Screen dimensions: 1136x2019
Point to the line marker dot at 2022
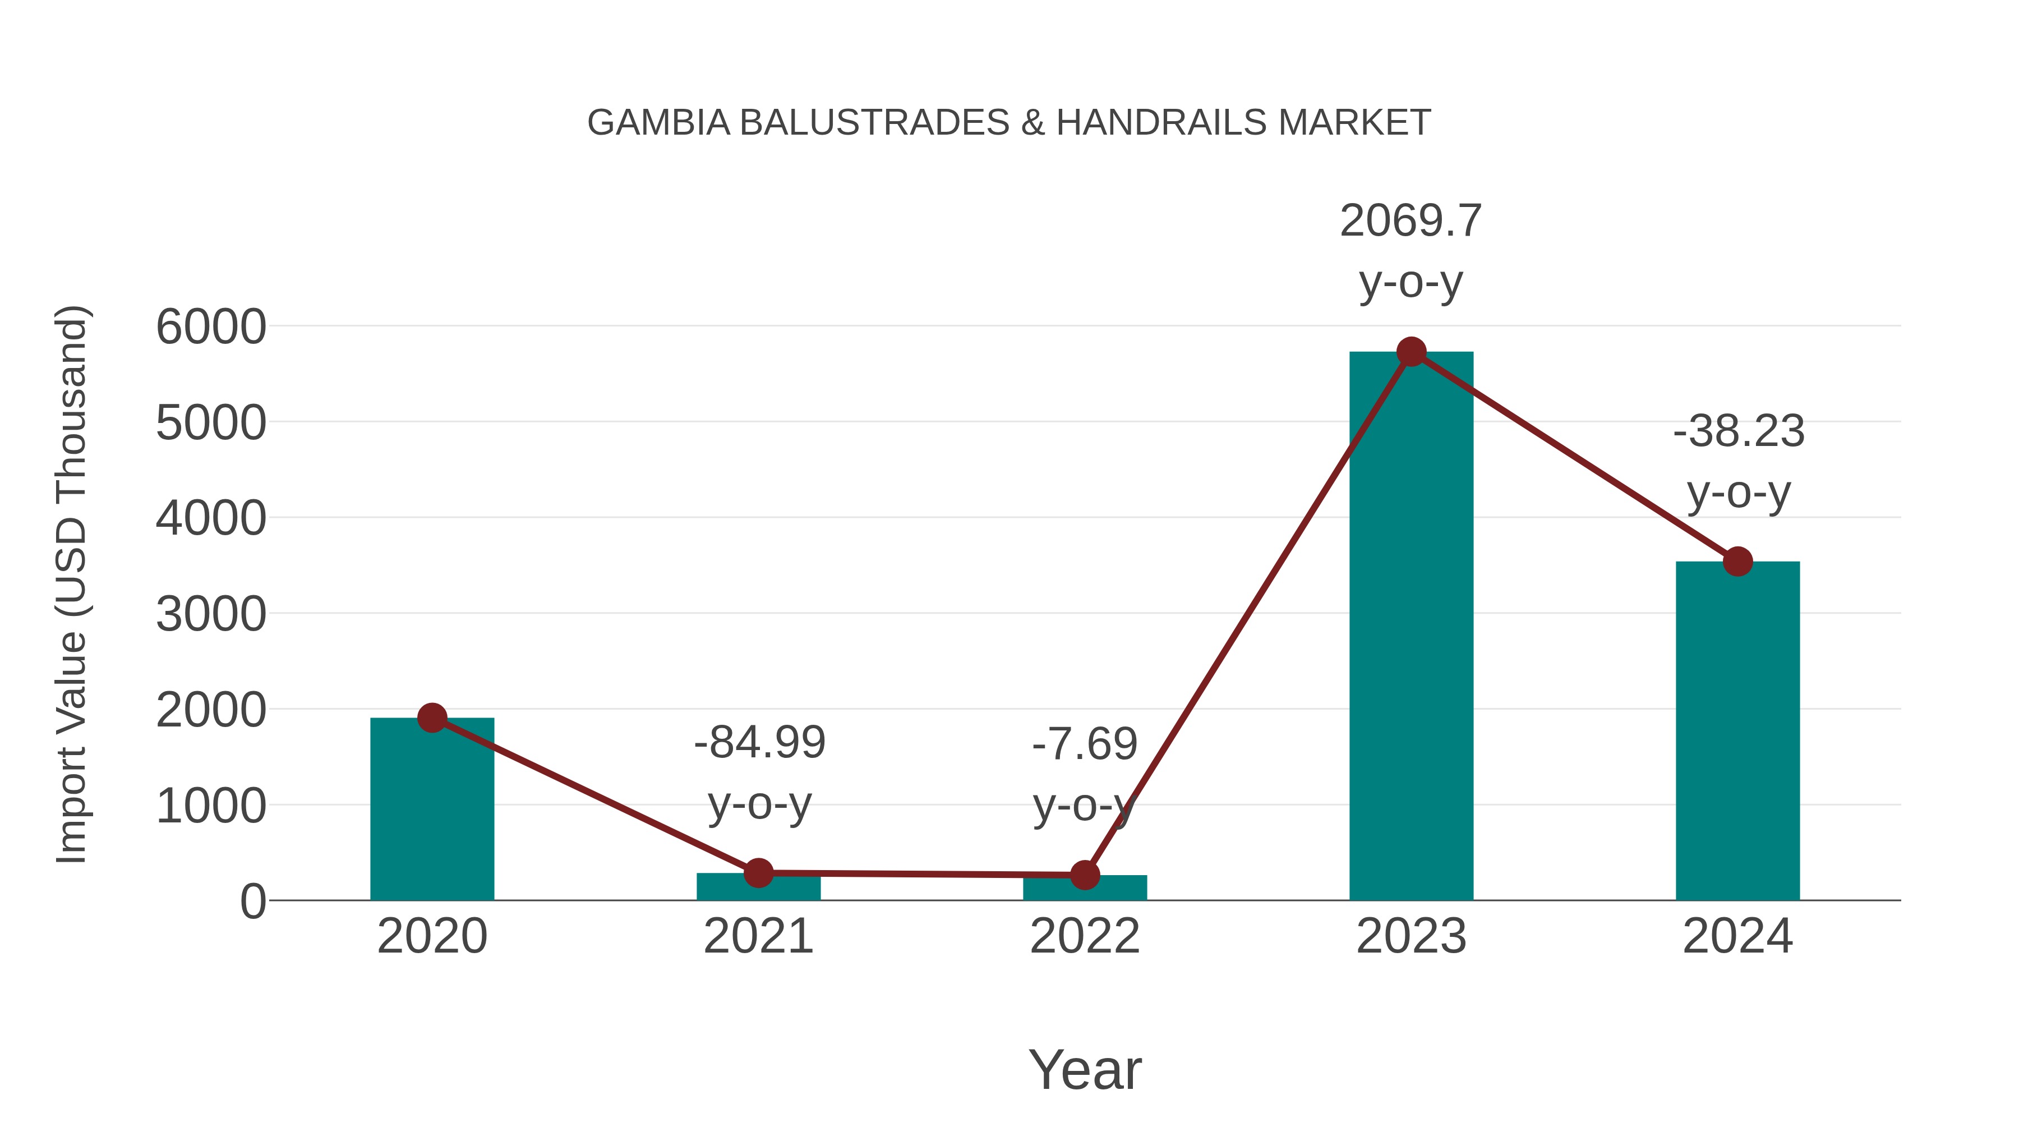[1085, 875]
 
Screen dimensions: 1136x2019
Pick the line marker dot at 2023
[1411, 352]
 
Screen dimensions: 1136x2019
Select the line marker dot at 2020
[432, 718]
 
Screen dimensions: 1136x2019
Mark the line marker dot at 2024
[1737, 562]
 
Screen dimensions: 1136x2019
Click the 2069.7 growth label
[1411, 221]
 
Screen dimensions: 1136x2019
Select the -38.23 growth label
[1739, 431]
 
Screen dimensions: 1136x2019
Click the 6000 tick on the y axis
[211, 327]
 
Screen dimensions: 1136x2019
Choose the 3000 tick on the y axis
[211, 615]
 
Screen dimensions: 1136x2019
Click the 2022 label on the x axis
[1085, 936]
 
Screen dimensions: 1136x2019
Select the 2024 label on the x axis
[1737, 936]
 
